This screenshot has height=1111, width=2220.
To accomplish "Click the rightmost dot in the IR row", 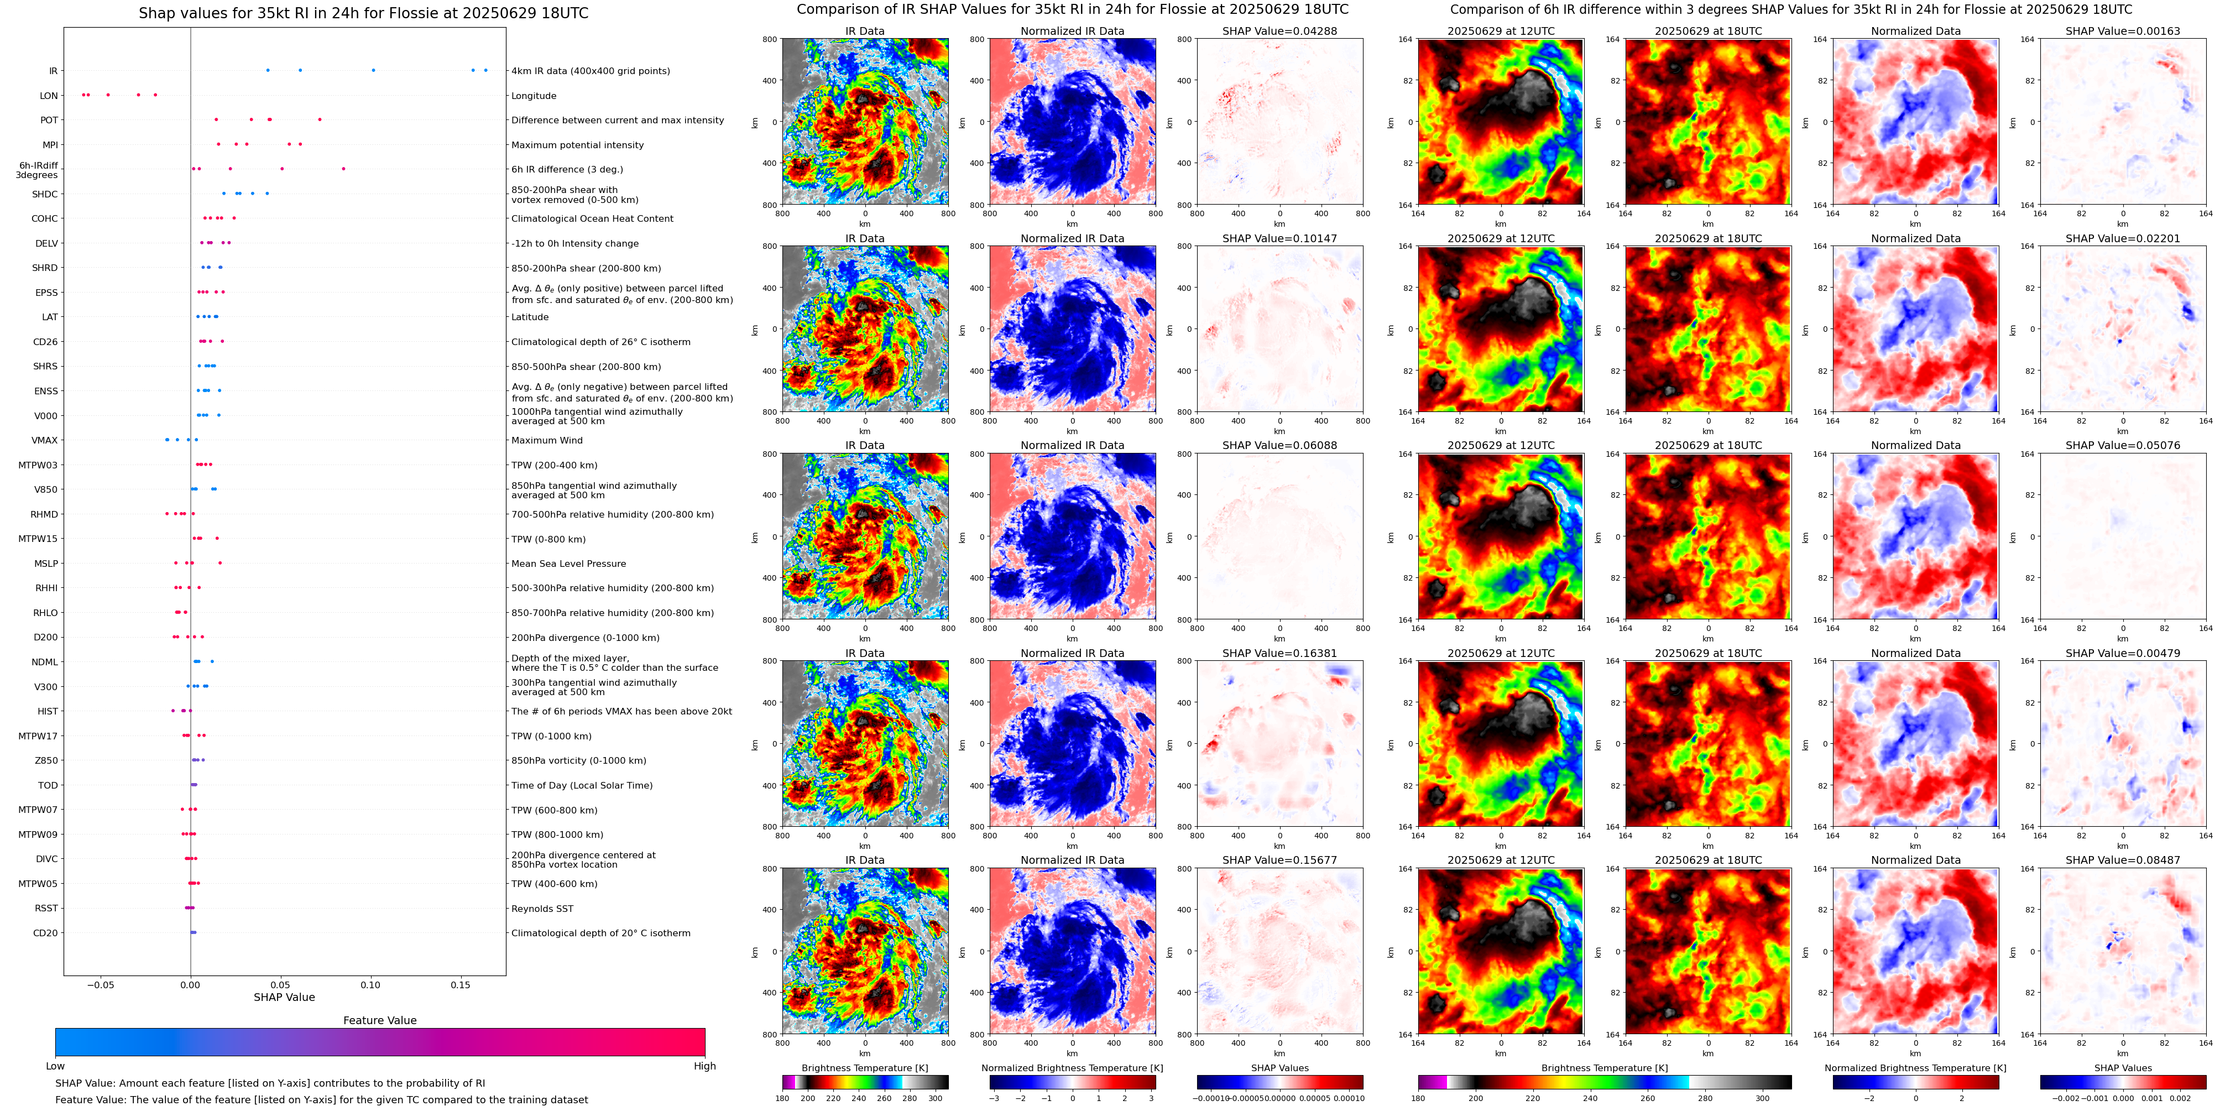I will (x=485, y=71).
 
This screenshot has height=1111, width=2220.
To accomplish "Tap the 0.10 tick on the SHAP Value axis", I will (x=370, y=984).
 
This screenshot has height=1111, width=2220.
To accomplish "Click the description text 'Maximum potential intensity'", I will (x=577, y=145).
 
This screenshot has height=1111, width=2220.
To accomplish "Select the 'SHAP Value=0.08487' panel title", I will (x=2123, y=860).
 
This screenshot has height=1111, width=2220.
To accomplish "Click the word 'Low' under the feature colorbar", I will (x=55, y=1066).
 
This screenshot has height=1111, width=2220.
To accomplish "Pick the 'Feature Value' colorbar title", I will (x=379, y=1020).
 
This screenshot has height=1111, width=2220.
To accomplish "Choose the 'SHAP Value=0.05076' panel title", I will (x=2123, y=446).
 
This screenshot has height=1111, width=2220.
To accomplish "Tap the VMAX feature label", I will (x=45, y=440).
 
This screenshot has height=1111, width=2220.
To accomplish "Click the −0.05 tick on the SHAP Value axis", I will (x=100, y=984).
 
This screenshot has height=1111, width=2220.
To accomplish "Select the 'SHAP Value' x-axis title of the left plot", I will (x=284, y=997).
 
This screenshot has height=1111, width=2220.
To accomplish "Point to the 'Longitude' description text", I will (x=534, y=96).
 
